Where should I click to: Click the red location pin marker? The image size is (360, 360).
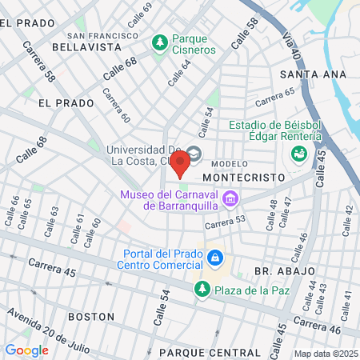point(180,162)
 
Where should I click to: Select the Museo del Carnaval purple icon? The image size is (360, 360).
point(230,198)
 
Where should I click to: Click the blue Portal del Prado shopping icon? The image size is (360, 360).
point(214,257)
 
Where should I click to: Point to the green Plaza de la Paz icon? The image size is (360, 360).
point(201,289)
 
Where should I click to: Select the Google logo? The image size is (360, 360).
point(26,350)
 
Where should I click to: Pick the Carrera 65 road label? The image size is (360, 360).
point(274,98)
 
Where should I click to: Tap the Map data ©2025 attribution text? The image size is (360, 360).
point(324,354)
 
